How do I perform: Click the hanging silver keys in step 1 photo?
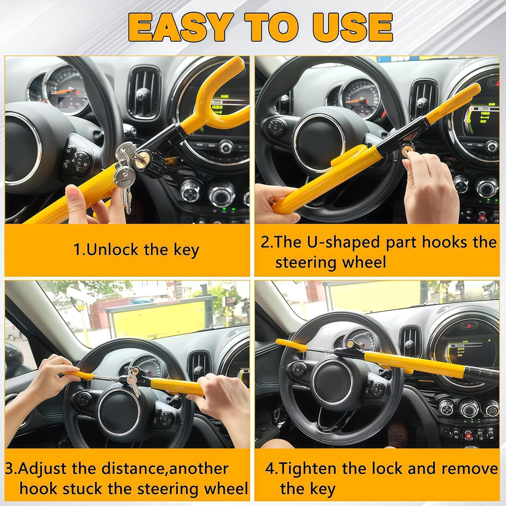pyautogui.click(x=124, y=175)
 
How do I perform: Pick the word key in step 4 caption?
pyautogui.click(x=322, y=489)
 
